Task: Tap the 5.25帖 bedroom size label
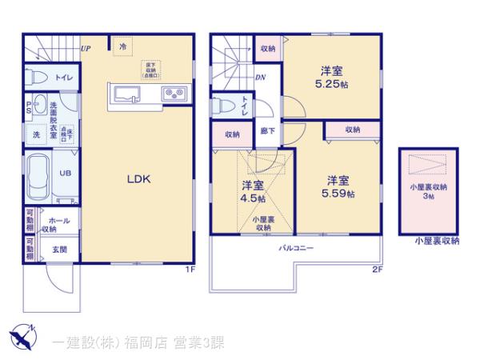(x=330, y=84)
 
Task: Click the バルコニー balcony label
(x=295, y=249)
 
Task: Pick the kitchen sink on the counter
(x=126, y=96)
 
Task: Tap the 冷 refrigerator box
(x=123, y=46)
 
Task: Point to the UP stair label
(x=86, y=49)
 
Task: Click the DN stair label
(x=260, y=78)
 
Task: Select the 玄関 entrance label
(x=60, y=249)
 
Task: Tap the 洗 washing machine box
(x=35, y=134)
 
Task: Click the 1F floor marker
(x=190, y=269)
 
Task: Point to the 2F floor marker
(x=377, y=269)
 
